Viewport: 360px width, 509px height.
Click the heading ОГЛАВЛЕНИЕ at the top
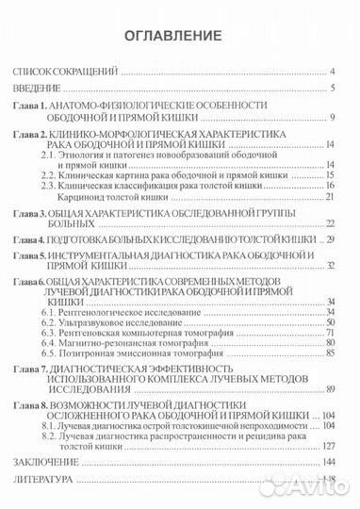(x=180, y=37)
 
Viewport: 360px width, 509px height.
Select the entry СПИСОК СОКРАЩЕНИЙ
(x=63, y=72)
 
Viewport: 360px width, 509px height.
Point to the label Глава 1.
(x=31, y=107)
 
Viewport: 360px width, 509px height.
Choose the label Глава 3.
(x=31, y=214)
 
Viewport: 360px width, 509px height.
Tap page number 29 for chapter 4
(x=332, y=241)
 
